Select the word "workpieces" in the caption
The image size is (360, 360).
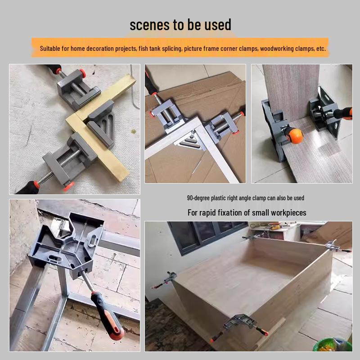288,212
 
